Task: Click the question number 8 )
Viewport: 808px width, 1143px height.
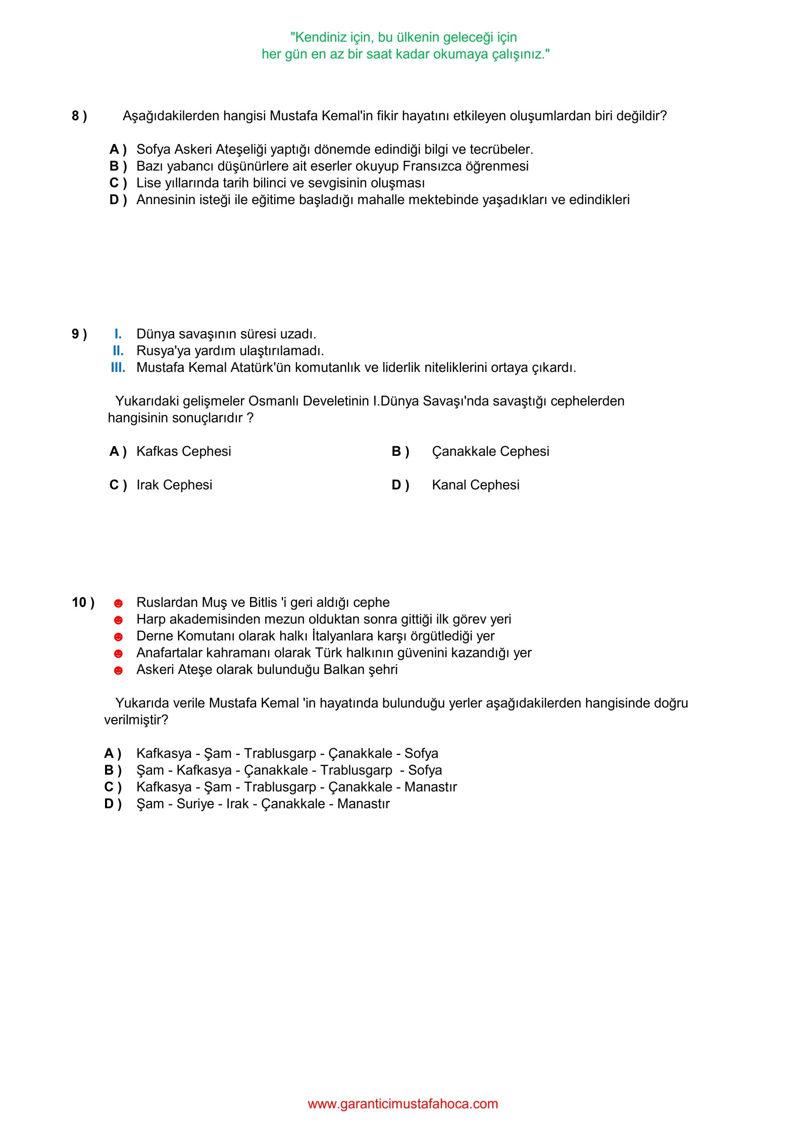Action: [x=79, y=116]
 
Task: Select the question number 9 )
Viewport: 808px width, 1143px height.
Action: [x=79, y=334]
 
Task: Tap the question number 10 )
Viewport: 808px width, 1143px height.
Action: [x=83, y=602]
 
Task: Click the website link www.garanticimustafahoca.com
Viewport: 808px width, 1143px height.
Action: [x=403, y=1104]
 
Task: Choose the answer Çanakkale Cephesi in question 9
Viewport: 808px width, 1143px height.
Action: [x=490, y=451]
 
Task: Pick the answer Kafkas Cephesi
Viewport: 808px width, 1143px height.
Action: [x=183, y=451]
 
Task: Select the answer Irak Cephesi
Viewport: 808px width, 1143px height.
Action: [x=174, y=485]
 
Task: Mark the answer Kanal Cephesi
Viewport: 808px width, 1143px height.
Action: [x=475, y=485]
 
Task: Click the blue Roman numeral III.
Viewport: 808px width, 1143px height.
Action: [x=118, y=368]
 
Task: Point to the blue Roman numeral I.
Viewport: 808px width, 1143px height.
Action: [x=118, y=334]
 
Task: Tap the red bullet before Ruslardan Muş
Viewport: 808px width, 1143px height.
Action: [x=118, y=603]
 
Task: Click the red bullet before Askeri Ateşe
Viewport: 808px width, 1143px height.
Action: [x=118, y=671]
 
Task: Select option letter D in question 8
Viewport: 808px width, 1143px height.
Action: [x=118, y=200]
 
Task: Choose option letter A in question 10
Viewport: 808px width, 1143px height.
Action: [x=113, y=753]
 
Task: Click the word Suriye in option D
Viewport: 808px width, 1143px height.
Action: [x=195, y=804]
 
